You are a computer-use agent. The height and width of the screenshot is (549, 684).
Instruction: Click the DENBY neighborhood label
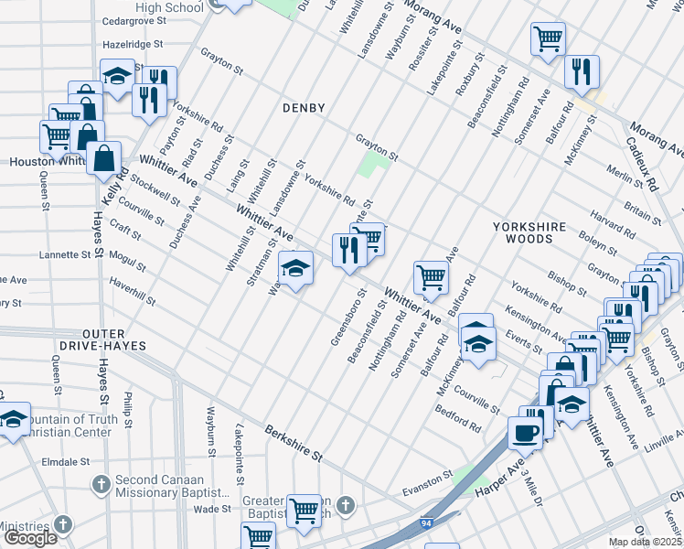304,108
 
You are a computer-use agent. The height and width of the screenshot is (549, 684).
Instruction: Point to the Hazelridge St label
133,43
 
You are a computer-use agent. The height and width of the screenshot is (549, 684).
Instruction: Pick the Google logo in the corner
29,538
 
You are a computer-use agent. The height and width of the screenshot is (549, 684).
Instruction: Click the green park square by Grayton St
372,166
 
